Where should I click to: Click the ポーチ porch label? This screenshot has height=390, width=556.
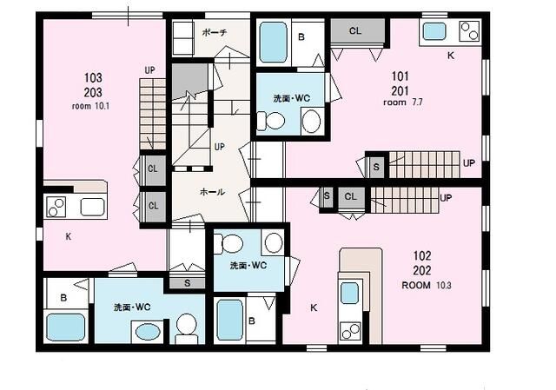point(215,33)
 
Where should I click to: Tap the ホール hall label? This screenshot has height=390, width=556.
point(212,192)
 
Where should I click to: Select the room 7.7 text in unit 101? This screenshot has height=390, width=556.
point(403,102)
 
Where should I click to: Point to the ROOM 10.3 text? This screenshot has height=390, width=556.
point(427,285)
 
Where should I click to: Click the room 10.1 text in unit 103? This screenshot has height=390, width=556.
point(90,106)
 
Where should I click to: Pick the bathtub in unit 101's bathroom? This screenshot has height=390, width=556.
point(273,43)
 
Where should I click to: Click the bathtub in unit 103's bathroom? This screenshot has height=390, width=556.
point(66,327)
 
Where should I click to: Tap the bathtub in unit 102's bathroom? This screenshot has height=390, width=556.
point(230,321)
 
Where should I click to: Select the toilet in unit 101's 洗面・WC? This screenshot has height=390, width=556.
point(270,121)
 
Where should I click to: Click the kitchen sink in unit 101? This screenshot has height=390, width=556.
point(434,31)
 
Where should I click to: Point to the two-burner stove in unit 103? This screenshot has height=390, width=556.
point(56,208)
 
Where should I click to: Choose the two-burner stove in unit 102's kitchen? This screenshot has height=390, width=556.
point(350,331)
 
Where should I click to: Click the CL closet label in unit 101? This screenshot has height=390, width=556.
point(355,31)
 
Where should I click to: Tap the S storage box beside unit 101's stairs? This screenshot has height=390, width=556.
point(376,166)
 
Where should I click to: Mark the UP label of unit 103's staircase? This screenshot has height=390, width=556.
point(150,70)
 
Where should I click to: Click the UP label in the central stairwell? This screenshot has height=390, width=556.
point(220,147)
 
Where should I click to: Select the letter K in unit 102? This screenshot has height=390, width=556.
point(314,307)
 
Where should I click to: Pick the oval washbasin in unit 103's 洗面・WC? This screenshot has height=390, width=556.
point(149,332)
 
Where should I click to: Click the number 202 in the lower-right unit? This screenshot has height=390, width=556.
point(422,271)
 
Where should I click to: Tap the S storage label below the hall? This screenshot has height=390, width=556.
point(188,283)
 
